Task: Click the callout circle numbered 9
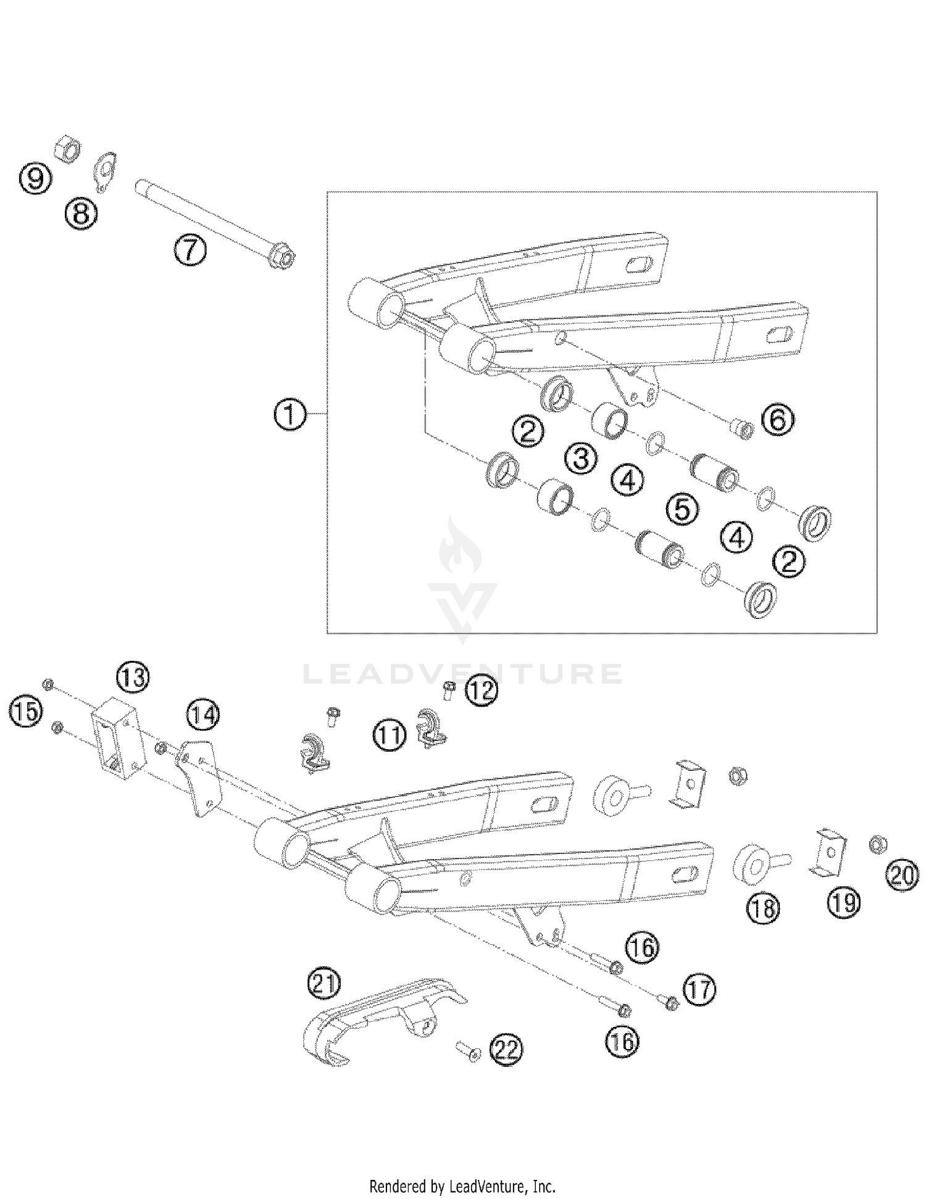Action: [x=35, y=179]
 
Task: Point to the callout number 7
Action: [x=190, y=251]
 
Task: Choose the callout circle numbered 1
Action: [x=290, y=415]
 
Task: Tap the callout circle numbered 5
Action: [x=682, y=510]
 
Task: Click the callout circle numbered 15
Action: [x=25, y=712]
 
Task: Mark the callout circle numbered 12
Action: [x=480, y=691]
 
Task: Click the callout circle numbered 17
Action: [x=699, y=990]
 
